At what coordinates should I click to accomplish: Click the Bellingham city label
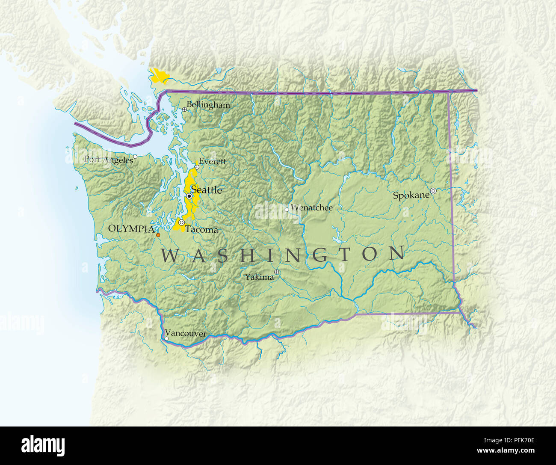click(208, 105)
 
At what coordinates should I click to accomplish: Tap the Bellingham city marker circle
click(184, 110)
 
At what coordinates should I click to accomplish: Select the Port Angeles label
click(109, 160)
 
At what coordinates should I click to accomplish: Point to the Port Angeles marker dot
click(135, 157)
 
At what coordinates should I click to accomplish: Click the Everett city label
click(213, 162)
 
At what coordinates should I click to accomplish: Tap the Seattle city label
click(207, 190)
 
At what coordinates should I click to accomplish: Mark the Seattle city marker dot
click(189, 196)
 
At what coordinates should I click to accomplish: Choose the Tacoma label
click(201, 230)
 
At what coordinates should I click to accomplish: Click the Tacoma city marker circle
click(182, 222)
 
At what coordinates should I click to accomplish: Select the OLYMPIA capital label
click(131, 229)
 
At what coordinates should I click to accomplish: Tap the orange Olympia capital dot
click(158, 235)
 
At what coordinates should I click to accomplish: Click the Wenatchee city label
click(311, 208)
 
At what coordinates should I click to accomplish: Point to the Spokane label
click(411, 195)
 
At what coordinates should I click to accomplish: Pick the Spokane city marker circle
click(433, 191)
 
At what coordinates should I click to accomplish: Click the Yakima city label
click(259, 277)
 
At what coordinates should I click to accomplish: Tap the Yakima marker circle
click(277, 272)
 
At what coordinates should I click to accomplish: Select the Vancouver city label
click(186, 334)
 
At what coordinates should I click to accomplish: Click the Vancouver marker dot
click(166, 339)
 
